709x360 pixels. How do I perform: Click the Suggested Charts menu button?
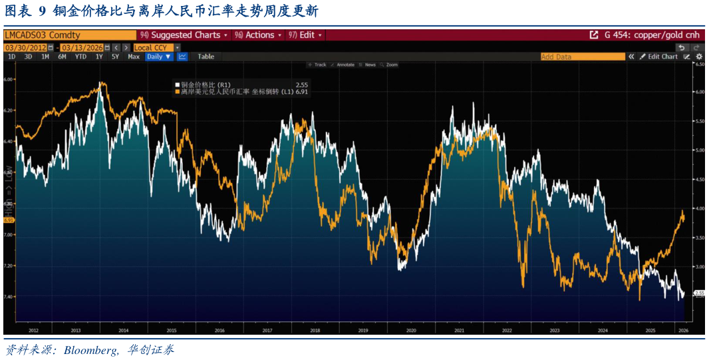point(184,35)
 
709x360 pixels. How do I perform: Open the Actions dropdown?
point(258,35)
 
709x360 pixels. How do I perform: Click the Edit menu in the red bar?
point(306,35)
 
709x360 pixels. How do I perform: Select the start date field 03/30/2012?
point(25,47)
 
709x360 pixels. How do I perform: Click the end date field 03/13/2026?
point(81,47)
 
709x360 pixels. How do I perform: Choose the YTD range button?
point(80,57)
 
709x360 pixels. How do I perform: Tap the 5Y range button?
point(115,57)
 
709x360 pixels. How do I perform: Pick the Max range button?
point(134,57)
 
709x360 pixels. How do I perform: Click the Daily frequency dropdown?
point(159,57)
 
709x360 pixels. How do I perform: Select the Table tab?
point(206,57)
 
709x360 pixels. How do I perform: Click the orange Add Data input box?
point(582,57)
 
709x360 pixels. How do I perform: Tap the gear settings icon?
point(699,57)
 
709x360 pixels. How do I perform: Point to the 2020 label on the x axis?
point(410,330)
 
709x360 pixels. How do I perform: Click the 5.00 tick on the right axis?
point(699,150)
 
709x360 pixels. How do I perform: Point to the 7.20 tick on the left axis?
point(9,266)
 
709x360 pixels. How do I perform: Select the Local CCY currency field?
point(154,47)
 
